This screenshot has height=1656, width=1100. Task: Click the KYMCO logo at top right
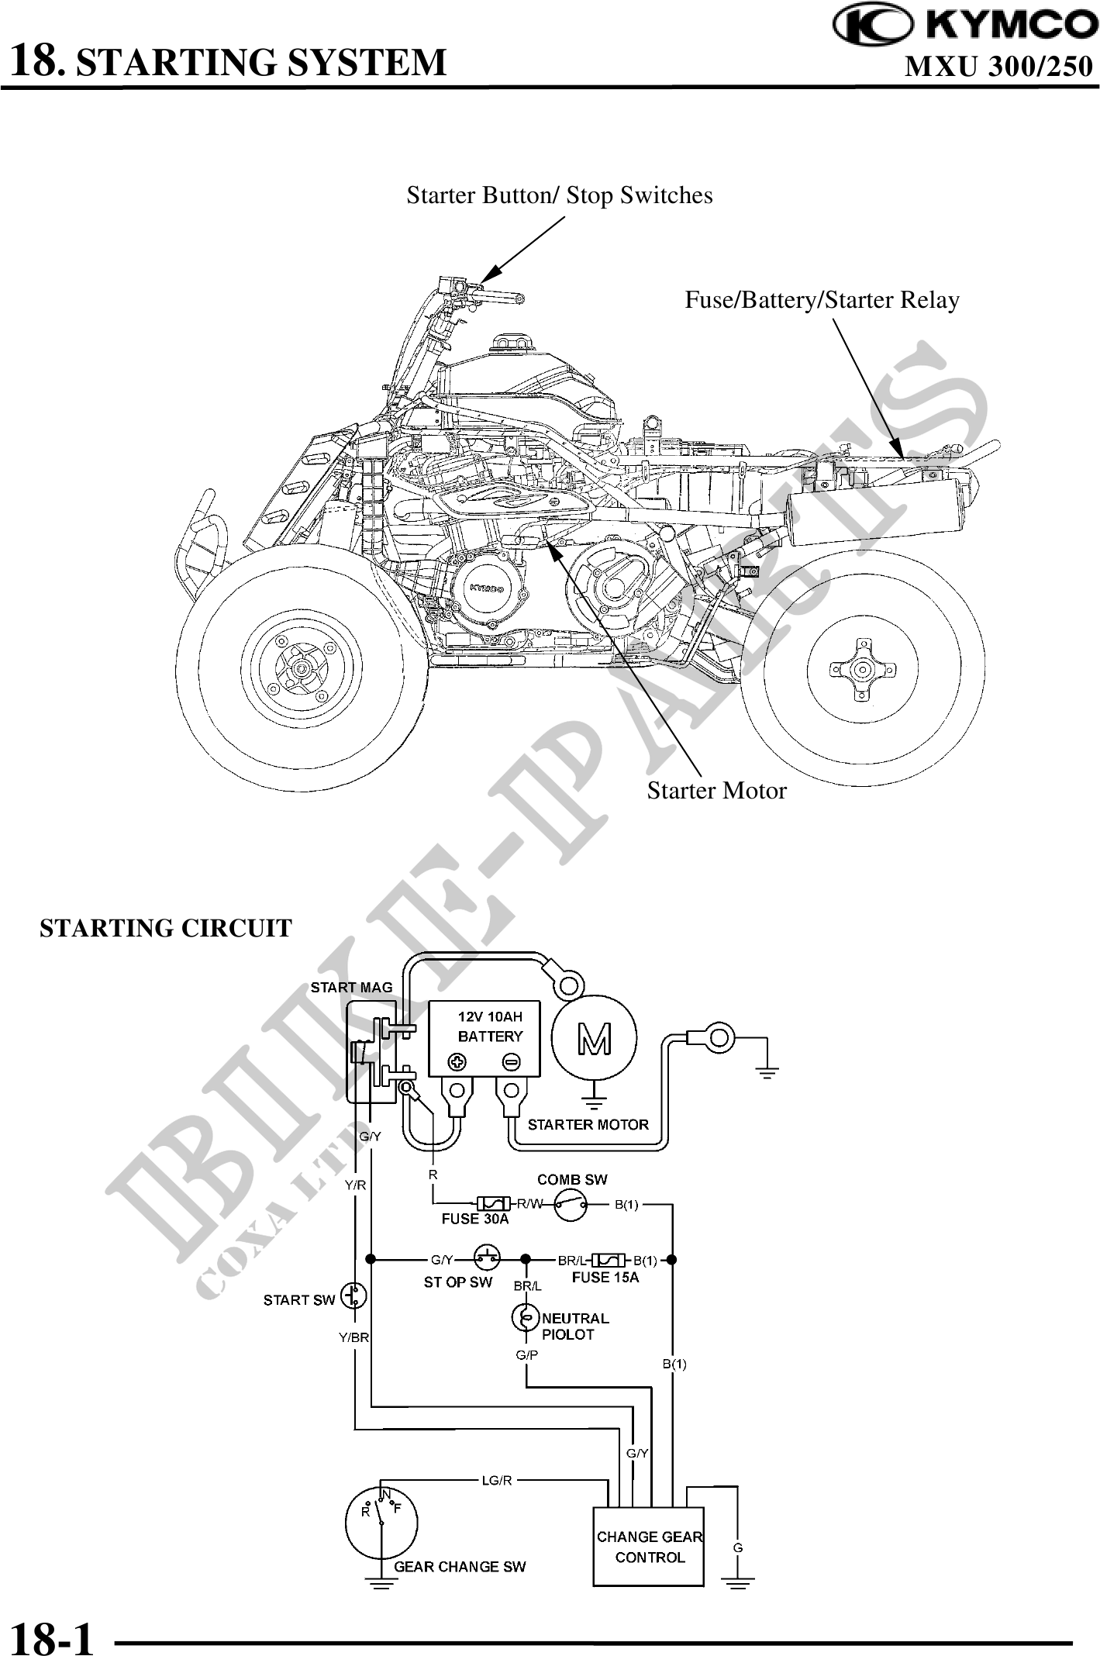click(x=965, y=26)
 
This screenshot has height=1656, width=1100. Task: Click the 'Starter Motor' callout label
click(x=716, y=791)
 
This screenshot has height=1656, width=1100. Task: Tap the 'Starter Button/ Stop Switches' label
click(x=559, y=195)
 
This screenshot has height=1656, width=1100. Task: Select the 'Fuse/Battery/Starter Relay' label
click(x=822, y=300)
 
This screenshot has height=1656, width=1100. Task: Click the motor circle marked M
click(x=594, y=1038)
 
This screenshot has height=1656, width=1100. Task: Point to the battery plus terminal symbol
click(x=458, y=1061)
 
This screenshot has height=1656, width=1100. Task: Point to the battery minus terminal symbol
click(x=512, y=1061)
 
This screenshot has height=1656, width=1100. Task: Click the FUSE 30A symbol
click(x=493, y=1203)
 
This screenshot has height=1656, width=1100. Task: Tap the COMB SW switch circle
click(x=571, y=1205)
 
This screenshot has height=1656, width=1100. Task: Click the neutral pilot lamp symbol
click(x=526, y=1316)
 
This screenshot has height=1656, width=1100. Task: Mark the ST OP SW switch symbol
click(x=486, y=1259)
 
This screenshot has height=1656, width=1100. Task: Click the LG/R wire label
click(x=497, y=1480)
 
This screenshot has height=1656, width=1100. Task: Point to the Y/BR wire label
click(x=353, y=1337)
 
